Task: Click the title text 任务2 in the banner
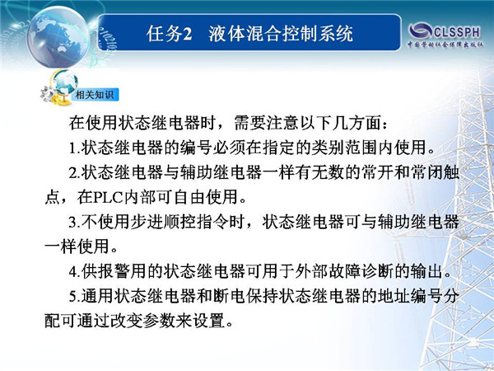coord(169,34)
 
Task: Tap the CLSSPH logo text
coord(457,31)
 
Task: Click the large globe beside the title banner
coord(58,36)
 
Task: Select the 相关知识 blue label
coord(95,95)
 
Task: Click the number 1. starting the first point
coord(75,148)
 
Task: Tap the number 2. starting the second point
coord(75,173)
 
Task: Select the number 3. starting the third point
coord(75,222)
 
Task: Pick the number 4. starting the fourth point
coord(75,271)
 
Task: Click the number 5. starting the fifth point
coord(75,296)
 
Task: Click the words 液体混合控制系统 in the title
coord(281,34)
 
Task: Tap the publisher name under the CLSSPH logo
coord(445,45)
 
